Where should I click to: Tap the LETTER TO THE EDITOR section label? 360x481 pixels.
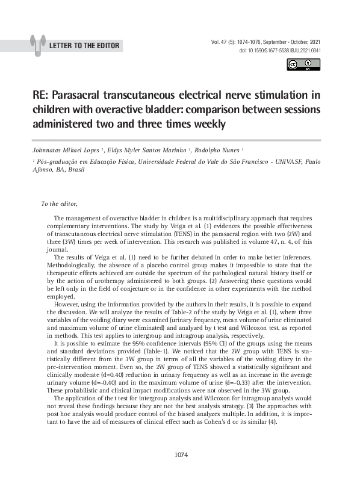(x=84, y=46)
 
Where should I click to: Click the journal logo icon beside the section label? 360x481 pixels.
(x=37, y=45)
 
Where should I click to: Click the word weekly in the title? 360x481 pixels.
(x=205, y=124)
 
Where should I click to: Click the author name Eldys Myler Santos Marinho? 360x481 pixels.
(x=150, y=151)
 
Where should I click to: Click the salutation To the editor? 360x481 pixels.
(x=59, y=203)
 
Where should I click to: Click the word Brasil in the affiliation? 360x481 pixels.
(x=75, y=170)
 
